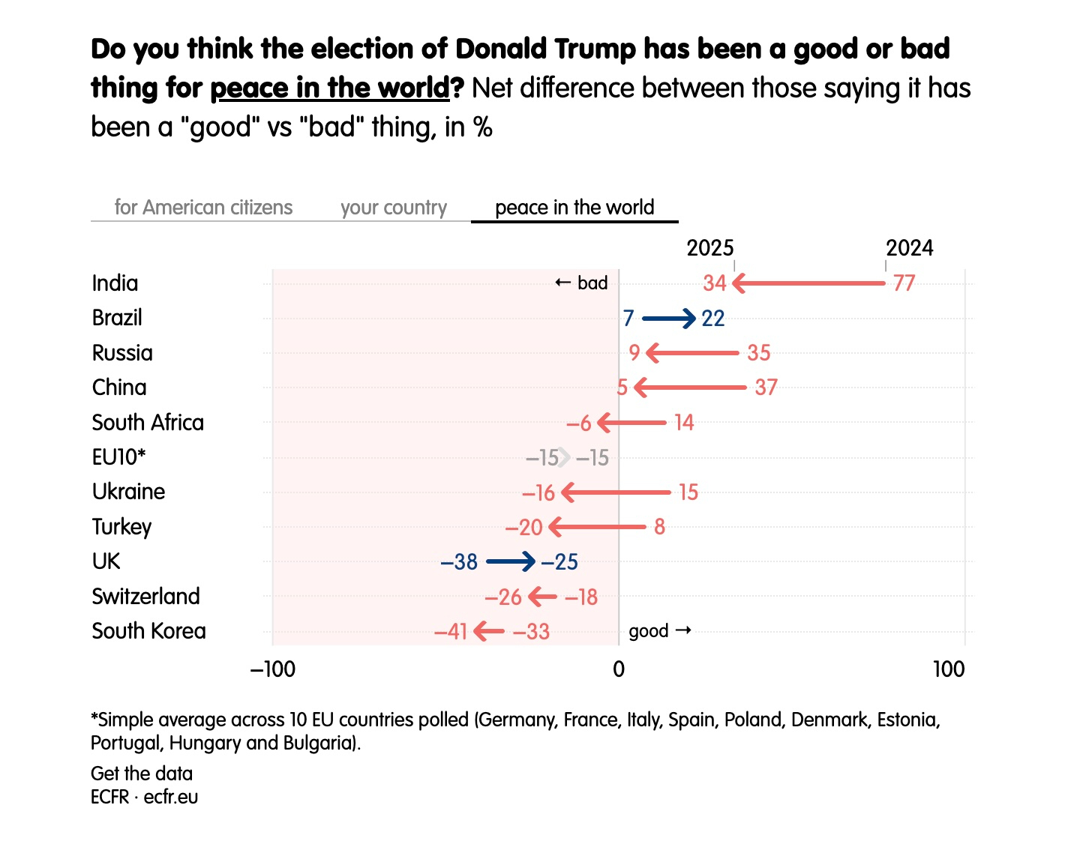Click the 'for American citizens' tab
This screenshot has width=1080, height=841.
(x=203, y=208)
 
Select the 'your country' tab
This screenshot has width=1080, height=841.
(x=393, y=208)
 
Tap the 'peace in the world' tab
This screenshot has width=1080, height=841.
(x=574, y=208)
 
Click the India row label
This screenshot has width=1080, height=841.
(x=115, y=283)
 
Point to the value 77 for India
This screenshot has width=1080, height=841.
(x=904, y=283)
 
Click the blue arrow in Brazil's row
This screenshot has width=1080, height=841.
(x=669, y=319)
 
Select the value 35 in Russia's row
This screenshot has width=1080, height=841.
(x=759, y=353)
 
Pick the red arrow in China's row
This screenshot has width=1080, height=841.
(x=690, y=388)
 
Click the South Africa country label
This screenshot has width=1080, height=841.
(x=148, y=423)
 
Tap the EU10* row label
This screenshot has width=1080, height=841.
(x=118, y=457)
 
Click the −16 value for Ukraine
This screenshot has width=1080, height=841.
(x=538, y=492)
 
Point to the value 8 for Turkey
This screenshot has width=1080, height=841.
(x=659, y=527)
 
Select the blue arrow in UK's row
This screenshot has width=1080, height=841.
(x=511, y=561)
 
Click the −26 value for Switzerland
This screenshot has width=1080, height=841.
(x=503, y=597)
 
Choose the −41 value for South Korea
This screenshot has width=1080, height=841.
(x=451, y=632)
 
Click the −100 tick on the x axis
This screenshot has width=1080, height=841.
(x=273, y=669)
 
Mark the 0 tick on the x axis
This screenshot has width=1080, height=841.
(x=619, y=669)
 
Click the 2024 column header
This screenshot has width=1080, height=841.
(x=909, y=248)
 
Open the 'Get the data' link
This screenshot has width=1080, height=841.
(x=142, y=774)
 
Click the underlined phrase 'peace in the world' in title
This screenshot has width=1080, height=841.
(x=329, y=88)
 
